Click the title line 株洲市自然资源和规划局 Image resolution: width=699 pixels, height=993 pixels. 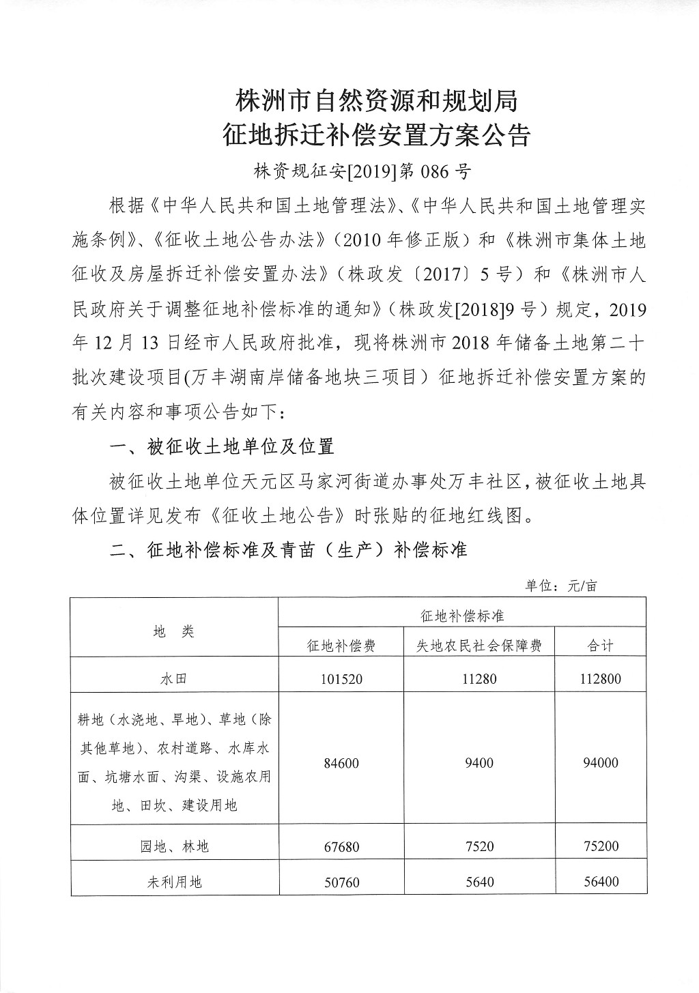(x=377, y=101)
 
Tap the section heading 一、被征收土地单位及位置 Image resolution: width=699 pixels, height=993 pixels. (x=222, y=447)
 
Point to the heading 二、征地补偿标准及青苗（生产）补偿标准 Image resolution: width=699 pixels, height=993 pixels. (x=289, y=550)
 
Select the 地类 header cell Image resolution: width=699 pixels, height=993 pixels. (x=174, y=631)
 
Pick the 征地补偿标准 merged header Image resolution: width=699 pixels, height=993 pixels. (x=462, y=616)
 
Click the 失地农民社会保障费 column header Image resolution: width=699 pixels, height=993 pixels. (x=479, y=646)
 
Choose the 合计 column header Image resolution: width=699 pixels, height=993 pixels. (x=600, y=646)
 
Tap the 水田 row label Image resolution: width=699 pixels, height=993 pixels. (x=174, y=679)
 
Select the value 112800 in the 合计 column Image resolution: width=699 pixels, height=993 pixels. (x=600, y=679)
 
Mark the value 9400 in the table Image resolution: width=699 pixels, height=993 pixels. (x=479, y=762)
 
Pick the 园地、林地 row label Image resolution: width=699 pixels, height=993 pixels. (x=174, y=846)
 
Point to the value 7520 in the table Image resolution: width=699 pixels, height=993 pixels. (x=479, y=846)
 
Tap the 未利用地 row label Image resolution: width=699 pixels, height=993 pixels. (x=174, y=882)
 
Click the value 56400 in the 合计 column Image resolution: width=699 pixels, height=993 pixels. (x=600, y=882)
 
